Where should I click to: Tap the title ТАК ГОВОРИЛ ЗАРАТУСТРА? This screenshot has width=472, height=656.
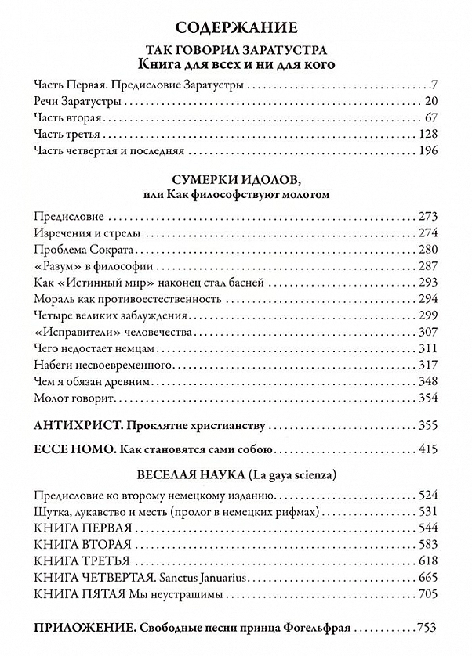235,51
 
